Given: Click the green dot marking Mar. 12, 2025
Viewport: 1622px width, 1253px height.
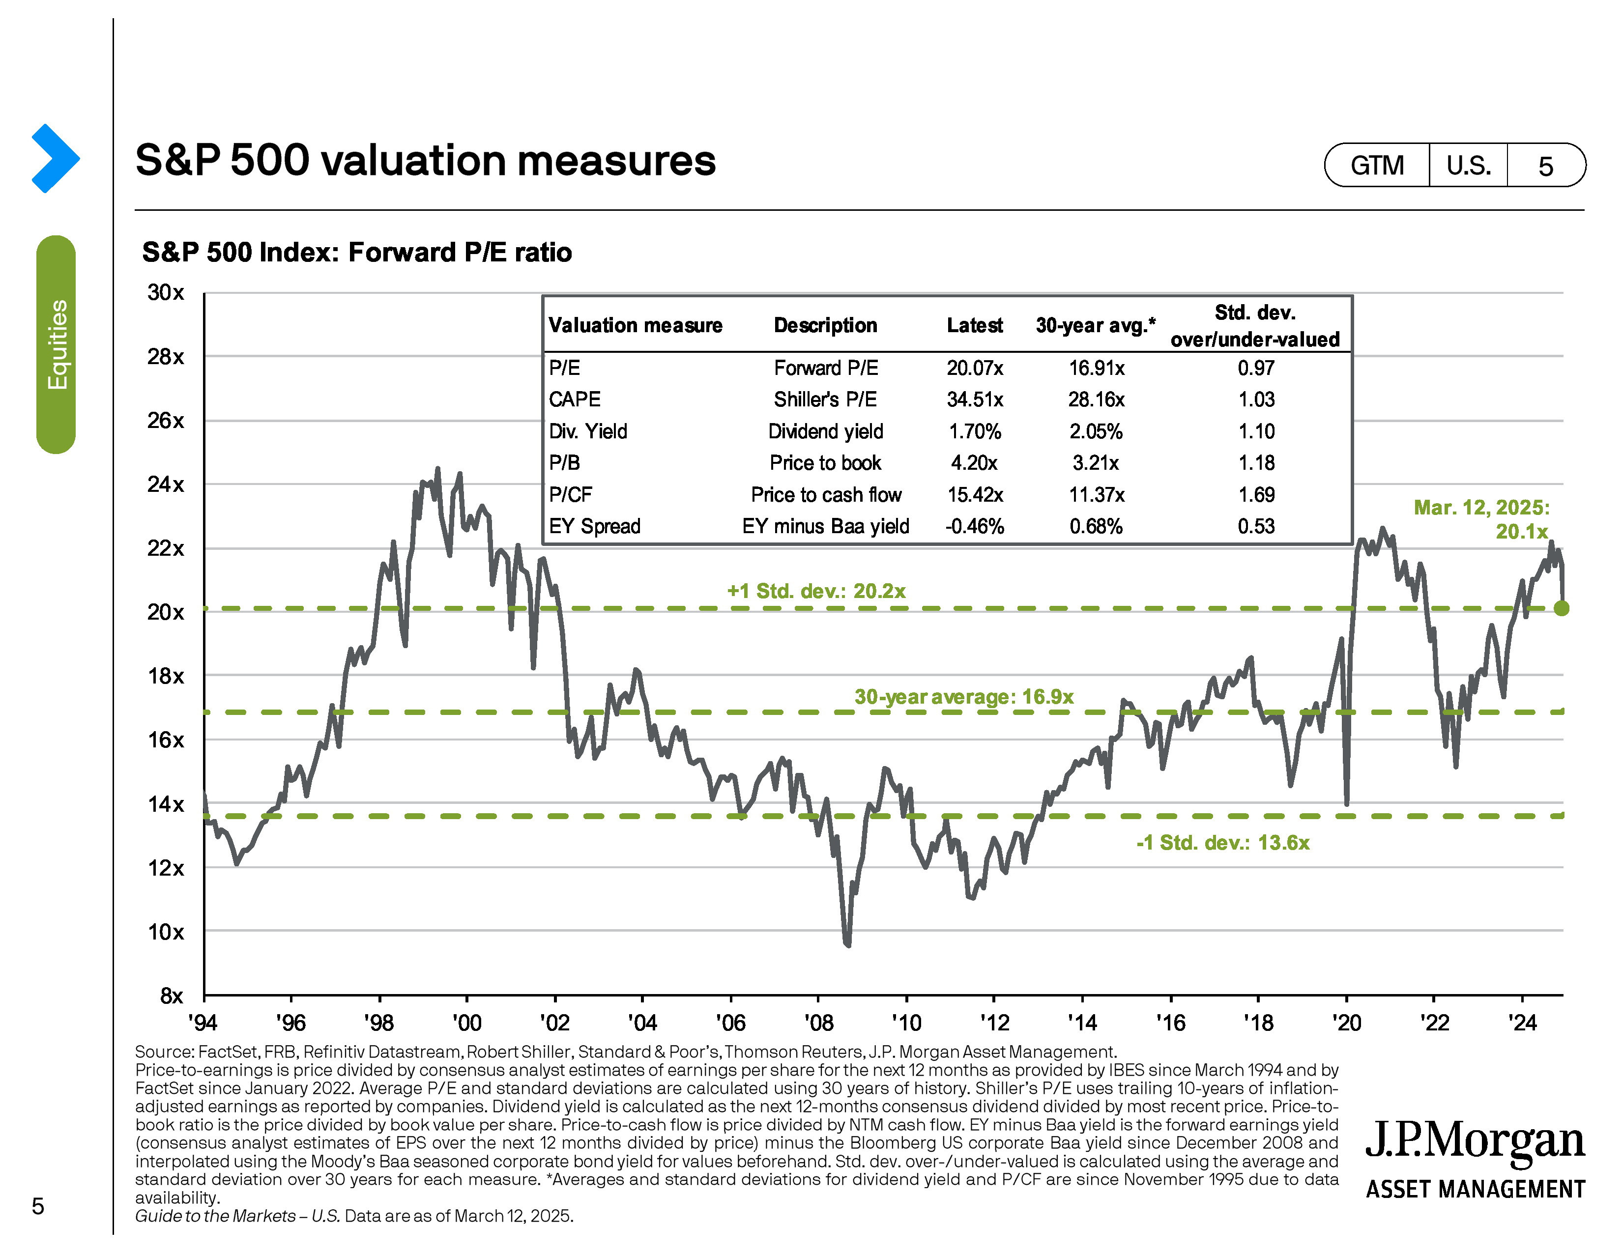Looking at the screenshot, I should click(1561, 608).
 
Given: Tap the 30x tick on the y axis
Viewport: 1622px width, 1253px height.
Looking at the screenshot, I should click(166, 292).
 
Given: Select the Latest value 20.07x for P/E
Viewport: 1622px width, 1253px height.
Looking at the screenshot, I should click(974, 368).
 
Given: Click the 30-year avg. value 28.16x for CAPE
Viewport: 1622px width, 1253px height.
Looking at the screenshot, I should click(1096, 399).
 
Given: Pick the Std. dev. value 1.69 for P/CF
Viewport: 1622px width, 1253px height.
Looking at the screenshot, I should click(1256, 494).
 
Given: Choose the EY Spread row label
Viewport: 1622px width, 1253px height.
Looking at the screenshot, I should click(594, 526).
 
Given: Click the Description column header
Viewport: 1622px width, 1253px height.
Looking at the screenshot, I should click(825, 325).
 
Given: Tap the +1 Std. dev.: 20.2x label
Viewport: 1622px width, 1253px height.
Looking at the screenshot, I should click(816, 591).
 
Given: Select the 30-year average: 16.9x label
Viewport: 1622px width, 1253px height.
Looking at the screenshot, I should click(963, 697).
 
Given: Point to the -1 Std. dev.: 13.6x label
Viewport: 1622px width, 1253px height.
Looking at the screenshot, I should click(1222, 843).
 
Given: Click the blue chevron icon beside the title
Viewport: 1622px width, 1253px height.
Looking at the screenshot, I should click(55, 158).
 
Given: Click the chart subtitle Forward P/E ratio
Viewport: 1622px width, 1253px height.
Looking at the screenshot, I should click(356, 253).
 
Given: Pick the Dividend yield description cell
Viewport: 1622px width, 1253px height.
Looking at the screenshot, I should click(825, 431).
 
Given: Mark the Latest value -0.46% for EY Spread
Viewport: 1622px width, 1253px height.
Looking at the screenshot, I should click(974, 526).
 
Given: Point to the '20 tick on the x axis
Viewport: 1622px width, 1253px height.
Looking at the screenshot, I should click(1346, 1023).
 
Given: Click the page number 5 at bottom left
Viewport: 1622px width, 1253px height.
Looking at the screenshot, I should click(38, 1205).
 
